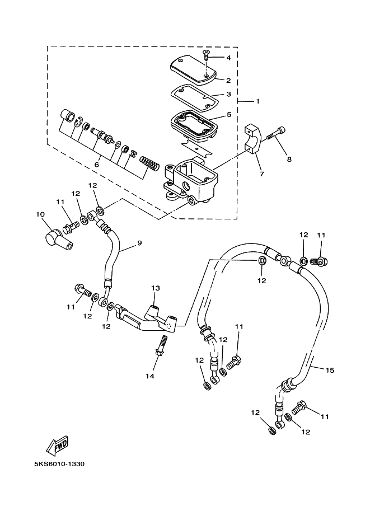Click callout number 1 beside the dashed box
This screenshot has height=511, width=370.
coord(257,101)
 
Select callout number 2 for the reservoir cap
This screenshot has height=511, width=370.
coord(228,80)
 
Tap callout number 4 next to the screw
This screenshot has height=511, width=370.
coord(228,58)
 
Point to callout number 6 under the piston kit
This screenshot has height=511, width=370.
coord(97,165)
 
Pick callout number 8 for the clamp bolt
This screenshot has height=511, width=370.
coord(289,159)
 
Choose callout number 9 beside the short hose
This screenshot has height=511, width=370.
coord(139,244)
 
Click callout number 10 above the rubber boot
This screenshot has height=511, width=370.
coord(40,214)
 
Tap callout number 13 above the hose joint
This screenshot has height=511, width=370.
coord(155,288)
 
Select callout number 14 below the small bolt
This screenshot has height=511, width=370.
coord(150,376)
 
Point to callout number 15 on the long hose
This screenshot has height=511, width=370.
coord(330,371)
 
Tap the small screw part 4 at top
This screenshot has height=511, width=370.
coord(206,54)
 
